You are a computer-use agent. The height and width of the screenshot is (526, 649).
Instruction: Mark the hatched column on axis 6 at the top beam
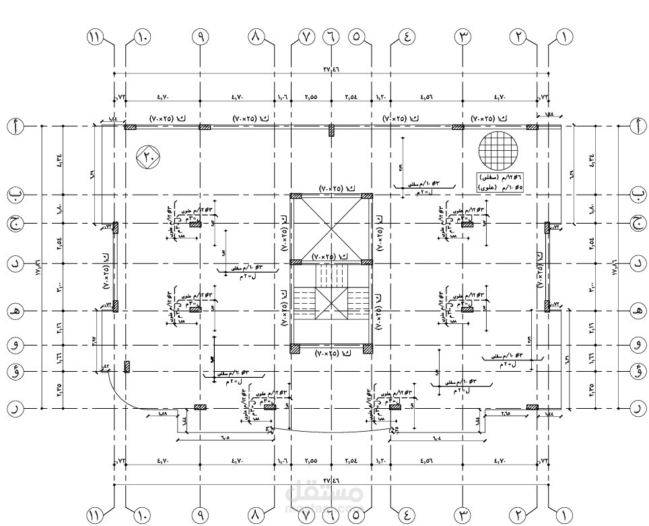pos(331,131)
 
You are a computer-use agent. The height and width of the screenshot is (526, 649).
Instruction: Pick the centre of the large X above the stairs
pos(331,228)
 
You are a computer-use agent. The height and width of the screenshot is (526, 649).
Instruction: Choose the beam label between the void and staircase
pos(331,257)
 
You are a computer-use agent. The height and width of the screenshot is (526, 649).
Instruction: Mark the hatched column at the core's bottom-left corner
pos(295,349)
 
